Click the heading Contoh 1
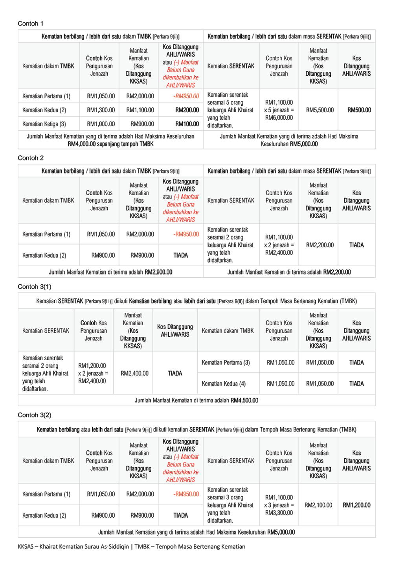click(31, 24)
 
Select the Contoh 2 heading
click(31, 158)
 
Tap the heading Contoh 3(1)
click(35, 287)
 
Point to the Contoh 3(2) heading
click(35, 415)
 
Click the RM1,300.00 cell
click(101, 110)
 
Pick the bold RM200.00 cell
click(187, 110)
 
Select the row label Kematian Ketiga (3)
click(44, 124)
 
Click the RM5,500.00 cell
click(320, 110)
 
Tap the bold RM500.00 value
click(359, 110)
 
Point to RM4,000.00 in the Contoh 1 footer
click(82, 144)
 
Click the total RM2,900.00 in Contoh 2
click(158, 272)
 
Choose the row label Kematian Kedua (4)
click(224, 384)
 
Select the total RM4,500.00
click(244, 400)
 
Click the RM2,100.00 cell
click(318, 505)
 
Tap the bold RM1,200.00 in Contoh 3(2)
click(356, 505)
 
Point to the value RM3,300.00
click(279, 513)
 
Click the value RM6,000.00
click(279, 118)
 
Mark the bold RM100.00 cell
click(187, 124)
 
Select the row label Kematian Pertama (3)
click(226, 363)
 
